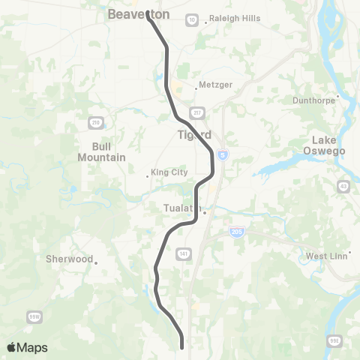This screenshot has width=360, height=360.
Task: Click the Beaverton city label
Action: click(139, 14)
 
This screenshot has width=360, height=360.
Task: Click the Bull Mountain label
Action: click(101, 152)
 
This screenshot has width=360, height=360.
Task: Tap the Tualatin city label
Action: click(180, 208)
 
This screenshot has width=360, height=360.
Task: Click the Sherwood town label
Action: click(69, 259)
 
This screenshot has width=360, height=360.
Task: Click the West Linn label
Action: click(325, 256)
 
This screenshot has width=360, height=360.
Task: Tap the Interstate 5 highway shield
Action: click(223, 154)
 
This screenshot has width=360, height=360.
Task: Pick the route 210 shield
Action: click(95, 122)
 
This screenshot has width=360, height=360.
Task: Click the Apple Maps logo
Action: click(27, 347)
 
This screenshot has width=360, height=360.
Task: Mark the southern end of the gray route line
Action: click(182, 346)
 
